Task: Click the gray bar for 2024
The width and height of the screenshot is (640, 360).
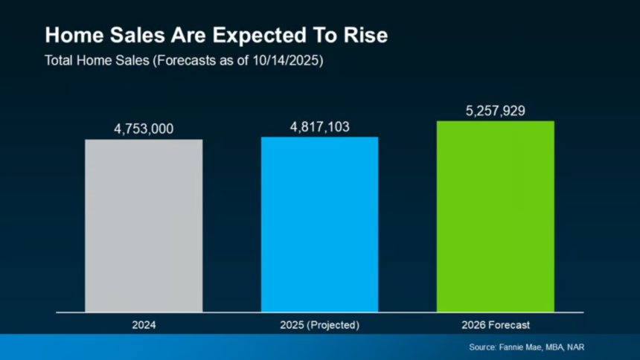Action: tap(144, 225)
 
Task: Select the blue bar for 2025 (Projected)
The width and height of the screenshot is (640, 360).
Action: tap(319, 224)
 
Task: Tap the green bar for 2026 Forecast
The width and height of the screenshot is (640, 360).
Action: tap(495, 216)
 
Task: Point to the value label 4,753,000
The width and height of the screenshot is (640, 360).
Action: tap(144, 129)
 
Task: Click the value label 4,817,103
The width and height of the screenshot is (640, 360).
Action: tap(319, 126)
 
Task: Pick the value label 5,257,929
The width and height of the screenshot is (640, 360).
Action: tap(496, 111)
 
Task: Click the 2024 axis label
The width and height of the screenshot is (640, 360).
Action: tap(144, 325)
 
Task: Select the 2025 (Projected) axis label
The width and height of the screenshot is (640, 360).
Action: tap(319, 325)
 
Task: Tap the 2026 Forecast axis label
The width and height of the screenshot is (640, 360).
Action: tap(496, 325)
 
